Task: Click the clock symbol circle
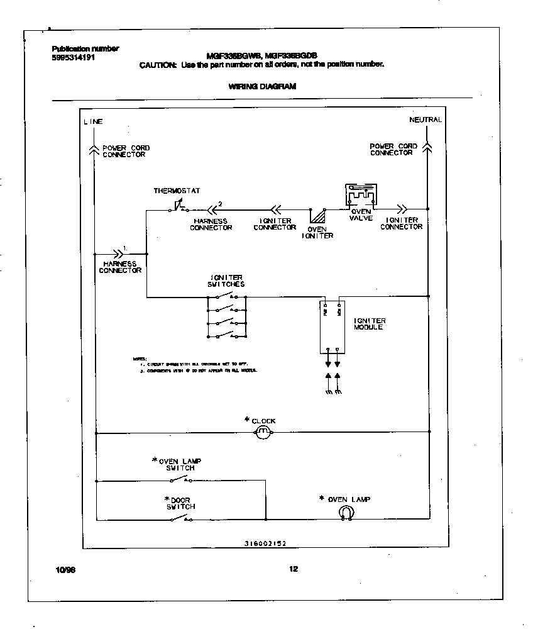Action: click(x=263, y=432)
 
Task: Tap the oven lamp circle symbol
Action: click(x=345, y=513)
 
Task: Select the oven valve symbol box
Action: click(x=360, y=196)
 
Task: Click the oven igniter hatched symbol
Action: click(x=318, y=217)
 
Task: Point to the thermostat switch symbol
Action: click(x=179, y=208)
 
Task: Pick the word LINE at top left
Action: click(x=93, y=121)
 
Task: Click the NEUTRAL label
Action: click(x=426, y=120)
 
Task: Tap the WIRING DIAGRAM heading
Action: click(x=263, y=87)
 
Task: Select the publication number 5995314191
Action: click(x=74, y=57)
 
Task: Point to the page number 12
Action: click(x=293, y=569)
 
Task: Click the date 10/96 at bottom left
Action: click(x=65, y=570)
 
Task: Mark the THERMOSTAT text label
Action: click(x=177, y=191)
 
